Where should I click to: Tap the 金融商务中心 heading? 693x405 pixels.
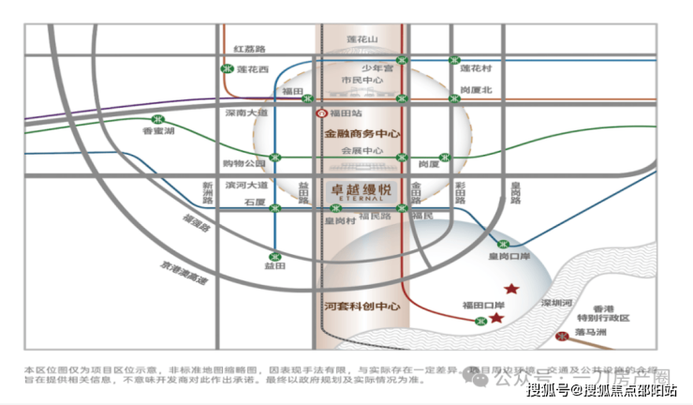(361, 134)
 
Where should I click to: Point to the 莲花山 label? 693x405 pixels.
(361, 39)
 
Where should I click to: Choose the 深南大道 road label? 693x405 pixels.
(246, 112)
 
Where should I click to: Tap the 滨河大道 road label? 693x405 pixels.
(245, 185)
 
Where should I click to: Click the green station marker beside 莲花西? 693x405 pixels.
(227, 68)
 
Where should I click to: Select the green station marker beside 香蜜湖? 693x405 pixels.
(157, 120)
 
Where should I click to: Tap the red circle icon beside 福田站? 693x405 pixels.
(321, 112)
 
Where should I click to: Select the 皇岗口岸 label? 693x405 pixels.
(509, 255)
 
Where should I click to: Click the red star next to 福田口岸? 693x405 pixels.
(496, 318)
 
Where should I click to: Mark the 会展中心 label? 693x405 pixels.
(361, 150)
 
